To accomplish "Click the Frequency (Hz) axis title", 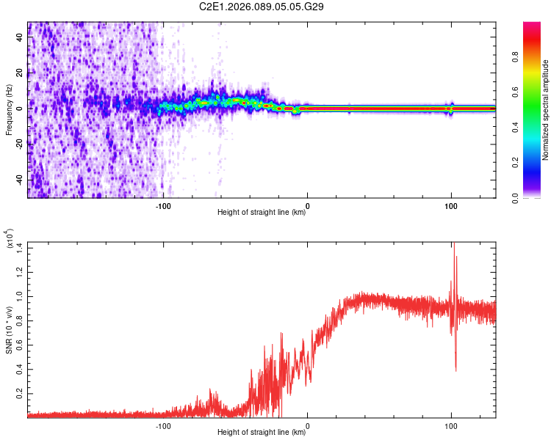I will pos(9,109).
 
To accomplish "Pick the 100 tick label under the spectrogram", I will pos(451,206).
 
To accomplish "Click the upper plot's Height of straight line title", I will pos(262,213).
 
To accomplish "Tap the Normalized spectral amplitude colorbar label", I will pos(546,110).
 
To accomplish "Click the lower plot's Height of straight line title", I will pos(262,433).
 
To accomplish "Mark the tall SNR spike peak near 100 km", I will pos(453,244).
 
